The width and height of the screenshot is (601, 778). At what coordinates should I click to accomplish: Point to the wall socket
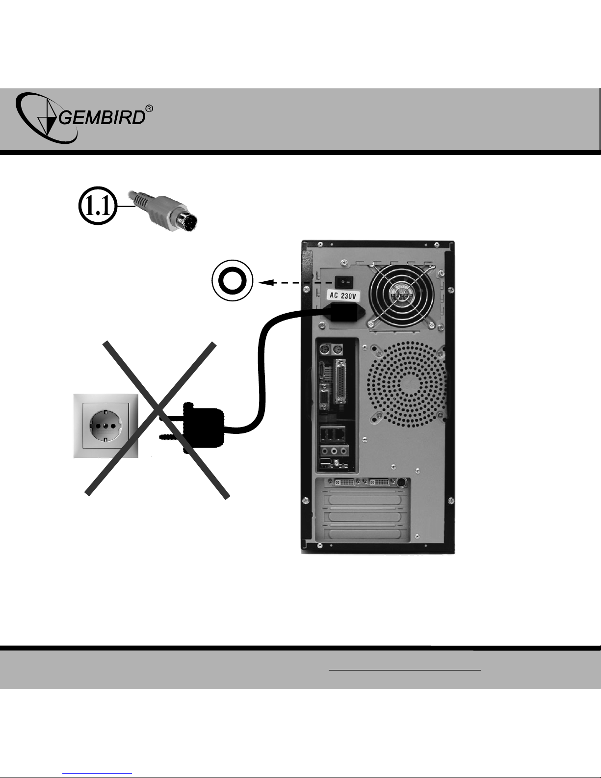[x=105, y=425]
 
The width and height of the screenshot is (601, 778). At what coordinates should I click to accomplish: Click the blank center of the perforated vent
[x=408, y=383]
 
